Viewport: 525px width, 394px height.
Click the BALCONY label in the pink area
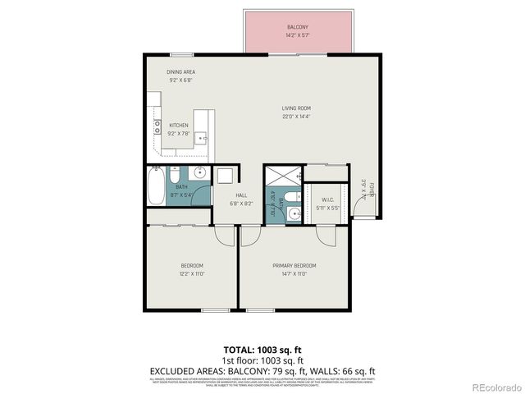click(298, 27)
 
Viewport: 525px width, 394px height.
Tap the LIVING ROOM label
click(297, 108)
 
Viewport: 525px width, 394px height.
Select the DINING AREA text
click(180, 72)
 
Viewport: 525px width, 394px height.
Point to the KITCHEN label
click(178, 125)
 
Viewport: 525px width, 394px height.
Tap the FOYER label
click(370, 190)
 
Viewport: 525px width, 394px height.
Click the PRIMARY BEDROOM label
click(294, 266)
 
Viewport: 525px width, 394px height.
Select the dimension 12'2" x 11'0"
click(192, 274)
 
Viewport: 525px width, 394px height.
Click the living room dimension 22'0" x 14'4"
click(297, 117)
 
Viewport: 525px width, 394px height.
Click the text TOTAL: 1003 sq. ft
click(262, 350)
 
